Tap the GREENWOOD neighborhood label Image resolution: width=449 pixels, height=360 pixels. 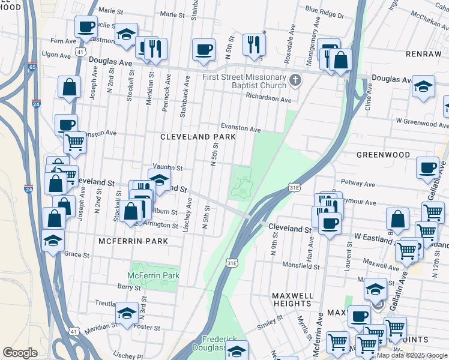(383, 155)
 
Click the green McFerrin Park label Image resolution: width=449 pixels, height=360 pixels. (154, 276)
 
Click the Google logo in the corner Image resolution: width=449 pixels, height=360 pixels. (20, 353)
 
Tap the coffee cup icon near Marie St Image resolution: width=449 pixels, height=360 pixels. (86, 26)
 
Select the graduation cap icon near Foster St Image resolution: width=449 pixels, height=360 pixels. (127, 313)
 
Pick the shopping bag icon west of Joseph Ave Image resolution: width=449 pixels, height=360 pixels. (70, 87)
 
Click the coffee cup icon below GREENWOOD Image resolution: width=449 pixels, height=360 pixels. (427, 168)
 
